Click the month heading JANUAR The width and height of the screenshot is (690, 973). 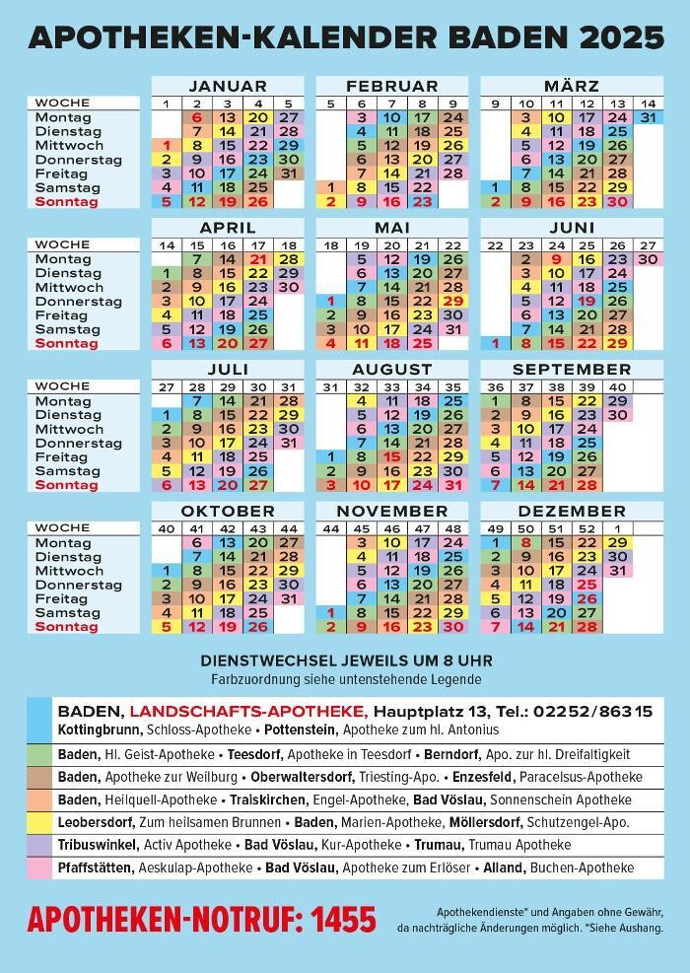coord(227,87)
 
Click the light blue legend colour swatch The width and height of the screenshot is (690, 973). coord(39,720)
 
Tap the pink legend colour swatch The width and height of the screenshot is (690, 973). coord(39,869)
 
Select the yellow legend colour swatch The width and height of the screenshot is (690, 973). coord(39,821)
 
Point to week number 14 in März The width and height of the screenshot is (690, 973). coord(647,104)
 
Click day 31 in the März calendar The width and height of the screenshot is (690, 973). coord(647,117)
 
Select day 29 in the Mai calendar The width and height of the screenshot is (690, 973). coord(453,301)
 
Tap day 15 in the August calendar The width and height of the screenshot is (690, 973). coord(392,457)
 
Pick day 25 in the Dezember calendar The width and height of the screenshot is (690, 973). coord(587,585)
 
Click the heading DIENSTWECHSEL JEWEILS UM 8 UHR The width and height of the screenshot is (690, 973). coord(346,660)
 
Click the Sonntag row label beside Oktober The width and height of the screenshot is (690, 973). coord(67,627)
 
